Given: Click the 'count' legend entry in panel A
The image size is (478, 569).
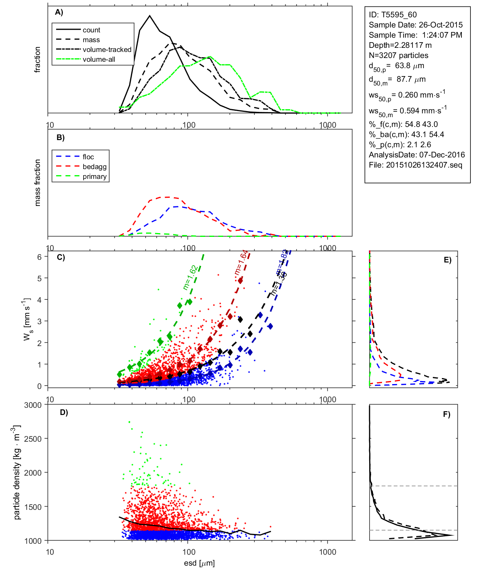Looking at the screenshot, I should tap(91, 30).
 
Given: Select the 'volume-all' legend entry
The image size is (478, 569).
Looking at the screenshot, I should tap(99, 59).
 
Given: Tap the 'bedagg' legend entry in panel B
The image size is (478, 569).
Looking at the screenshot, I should tap(94, 167).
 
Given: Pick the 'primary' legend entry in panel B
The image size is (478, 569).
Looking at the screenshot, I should tap(94, 177).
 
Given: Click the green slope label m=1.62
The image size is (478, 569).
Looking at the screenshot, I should tap(190, 278).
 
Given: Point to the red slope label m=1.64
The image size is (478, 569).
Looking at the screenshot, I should tap(241, 262).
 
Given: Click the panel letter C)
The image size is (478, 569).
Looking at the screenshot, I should tap(61, 258).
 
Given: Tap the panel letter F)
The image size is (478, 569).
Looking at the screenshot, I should tap(446, 415).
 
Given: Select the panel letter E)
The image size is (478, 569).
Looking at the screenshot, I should tap(447, 260).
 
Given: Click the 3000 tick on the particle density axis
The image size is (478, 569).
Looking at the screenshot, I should tap(33, 405).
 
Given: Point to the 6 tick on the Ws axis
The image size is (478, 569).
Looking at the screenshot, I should tap(40, 257).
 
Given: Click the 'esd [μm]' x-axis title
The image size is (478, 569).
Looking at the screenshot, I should tap(199, 563).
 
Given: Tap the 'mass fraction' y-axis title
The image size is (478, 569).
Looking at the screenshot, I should tap(37, 183).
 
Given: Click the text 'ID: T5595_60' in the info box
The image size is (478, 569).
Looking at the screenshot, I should tap(393, 15).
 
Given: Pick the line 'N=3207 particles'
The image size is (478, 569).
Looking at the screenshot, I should tap(398, 55).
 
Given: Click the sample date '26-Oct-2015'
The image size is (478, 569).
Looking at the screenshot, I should tap(441, 25).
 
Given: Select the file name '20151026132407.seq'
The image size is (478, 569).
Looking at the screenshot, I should tap(424, 165).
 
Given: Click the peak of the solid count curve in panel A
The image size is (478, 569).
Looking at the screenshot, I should tap(150, 16).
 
